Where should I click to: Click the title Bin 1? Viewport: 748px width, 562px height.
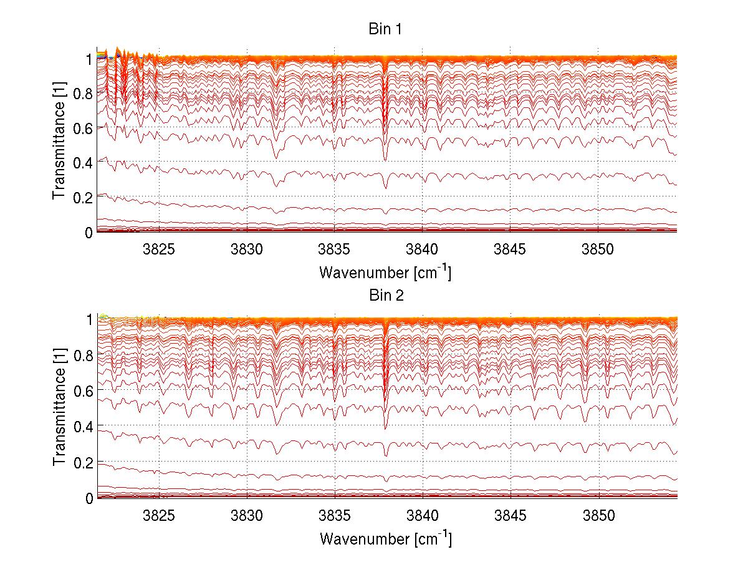coord(386,29)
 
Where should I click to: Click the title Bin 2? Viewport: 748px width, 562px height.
coord(386,296)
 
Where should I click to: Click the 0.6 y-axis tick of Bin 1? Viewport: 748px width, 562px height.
coord(83,127)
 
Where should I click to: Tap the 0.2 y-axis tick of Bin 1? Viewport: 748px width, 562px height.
coord(83,197)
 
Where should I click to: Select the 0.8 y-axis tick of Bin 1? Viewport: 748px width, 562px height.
coord(83,92)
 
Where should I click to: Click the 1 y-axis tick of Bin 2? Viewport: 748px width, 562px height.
coord(89,319)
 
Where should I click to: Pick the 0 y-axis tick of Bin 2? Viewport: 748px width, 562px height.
coord(89,498)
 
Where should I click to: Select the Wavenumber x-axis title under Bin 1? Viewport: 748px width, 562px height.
coord(385,272)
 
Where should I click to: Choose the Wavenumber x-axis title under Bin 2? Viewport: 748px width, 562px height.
coord(385,538)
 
